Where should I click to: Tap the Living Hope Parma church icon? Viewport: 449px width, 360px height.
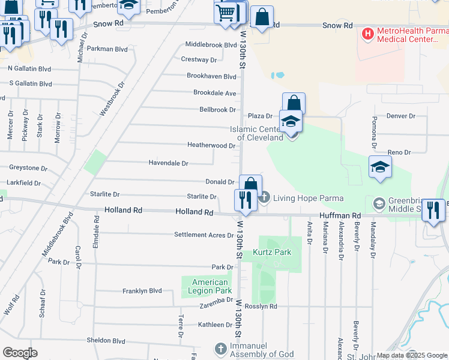point(265,197)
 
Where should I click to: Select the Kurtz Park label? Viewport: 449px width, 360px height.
point(271,253)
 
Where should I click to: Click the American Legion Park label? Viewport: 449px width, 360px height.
point(210,286)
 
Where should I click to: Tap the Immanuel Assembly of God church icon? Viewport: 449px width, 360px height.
point(221,349)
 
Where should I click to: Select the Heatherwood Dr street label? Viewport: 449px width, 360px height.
point(211,146)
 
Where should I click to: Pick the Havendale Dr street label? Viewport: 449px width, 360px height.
point(169,163)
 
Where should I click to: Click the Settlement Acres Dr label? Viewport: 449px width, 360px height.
point(203,235)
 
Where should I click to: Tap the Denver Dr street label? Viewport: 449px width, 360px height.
point(401,116)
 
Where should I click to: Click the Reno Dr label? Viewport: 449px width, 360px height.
point(399,153)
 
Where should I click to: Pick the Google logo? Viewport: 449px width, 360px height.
point(20,352)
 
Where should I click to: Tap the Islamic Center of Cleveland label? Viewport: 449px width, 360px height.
point(260,133)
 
